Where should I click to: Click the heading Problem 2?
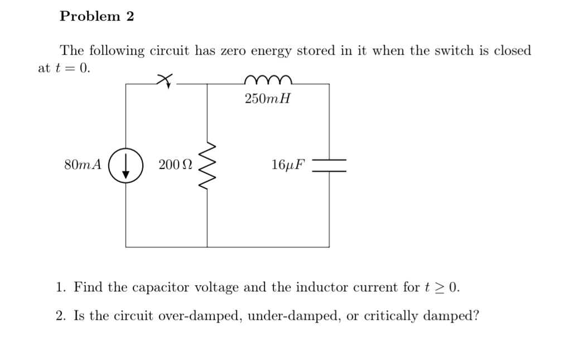point(97,17)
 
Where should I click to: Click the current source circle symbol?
point(126,165)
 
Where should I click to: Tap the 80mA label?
point(83,165)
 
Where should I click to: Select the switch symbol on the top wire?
point(165,81)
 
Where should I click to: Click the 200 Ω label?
point(175,165)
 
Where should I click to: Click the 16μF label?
point(288,165)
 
